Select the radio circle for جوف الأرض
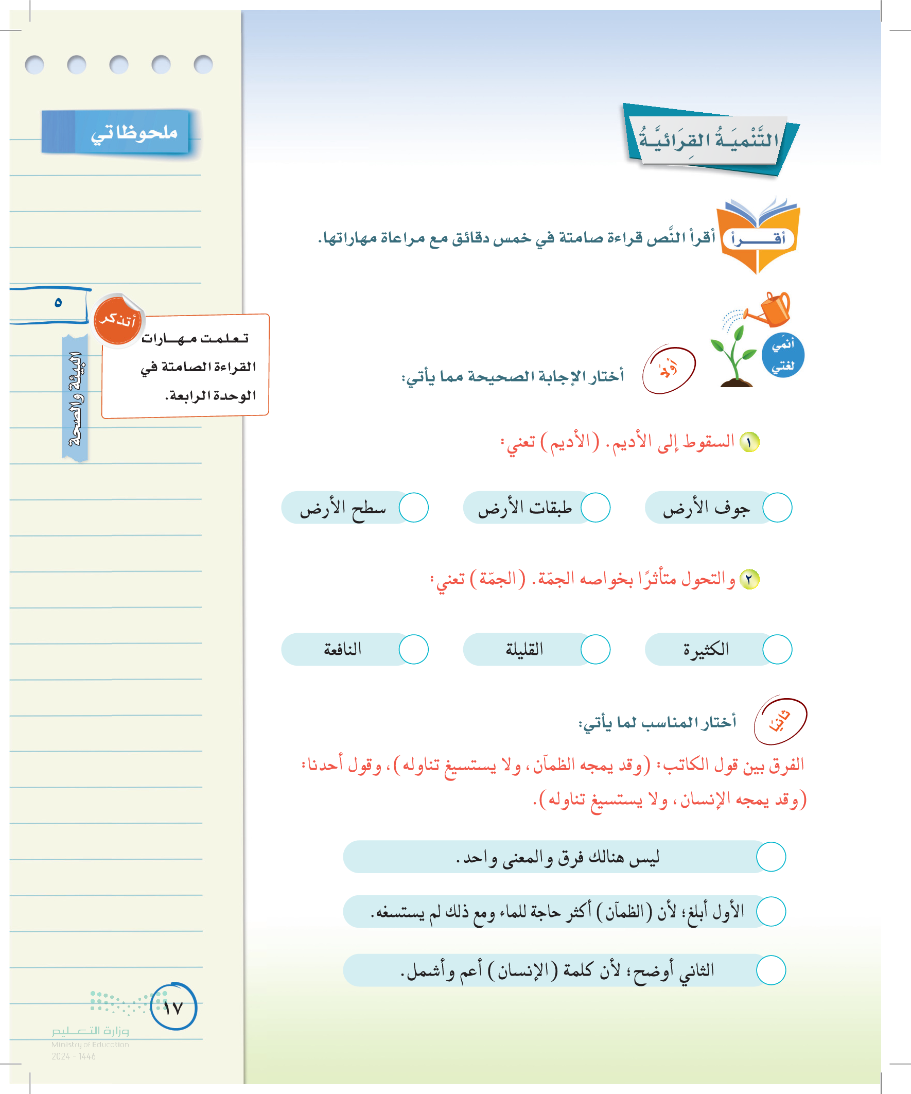pos(777,508)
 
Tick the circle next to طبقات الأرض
pos(595,508)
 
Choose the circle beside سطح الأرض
pos(413,508)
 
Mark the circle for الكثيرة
pos(777,649)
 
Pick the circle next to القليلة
pos(595,649)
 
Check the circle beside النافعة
pos(413,649)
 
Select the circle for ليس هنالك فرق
pos(770,857)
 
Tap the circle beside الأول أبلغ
pos(770,911)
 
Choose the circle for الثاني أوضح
pos(770,970)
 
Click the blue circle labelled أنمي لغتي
pos(782,355)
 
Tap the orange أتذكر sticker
pos(118,320)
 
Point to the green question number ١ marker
pos(749,442)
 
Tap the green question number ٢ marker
pos(749,579)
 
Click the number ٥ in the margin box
pos(58,302)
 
